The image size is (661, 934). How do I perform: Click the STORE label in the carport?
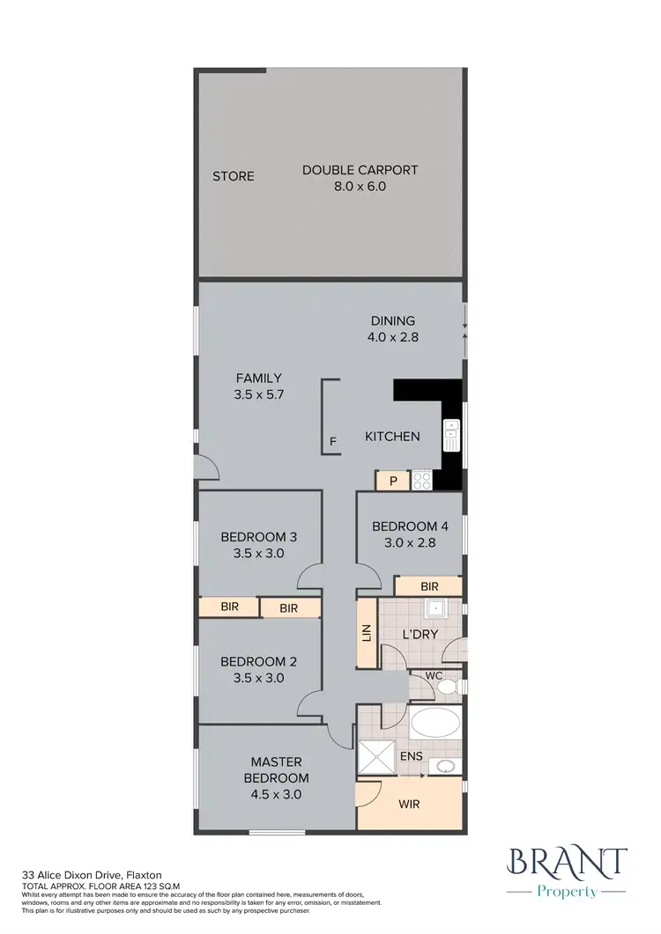point(233,176)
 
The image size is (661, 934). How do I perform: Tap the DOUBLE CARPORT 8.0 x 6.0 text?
point(360,178)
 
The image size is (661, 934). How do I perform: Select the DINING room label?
point(391,328)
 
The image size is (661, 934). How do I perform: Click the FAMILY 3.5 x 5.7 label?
point(257,386)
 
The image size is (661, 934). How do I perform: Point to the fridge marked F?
point(332,441)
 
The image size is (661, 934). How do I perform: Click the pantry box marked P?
point(392,481)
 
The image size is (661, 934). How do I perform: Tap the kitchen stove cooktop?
point(421,481)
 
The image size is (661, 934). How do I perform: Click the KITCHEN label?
point(392,436)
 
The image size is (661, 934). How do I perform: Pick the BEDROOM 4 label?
point(410,534)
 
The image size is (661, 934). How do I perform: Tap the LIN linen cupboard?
point(367,633)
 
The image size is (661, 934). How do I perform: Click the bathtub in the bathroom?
point(434,724)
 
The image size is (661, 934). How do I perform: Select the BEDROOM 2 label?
point(257,670)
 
